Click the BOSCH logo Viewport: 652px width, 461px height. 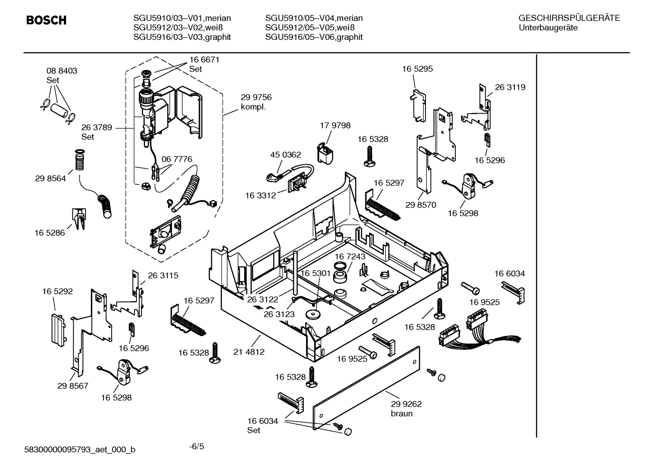(46, 20)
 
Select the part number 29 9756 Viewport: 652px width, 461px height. (256, 98)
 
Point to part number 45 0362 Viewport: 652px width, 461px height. (285, 155)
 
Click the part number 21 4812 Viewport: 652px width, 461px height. (249, 352)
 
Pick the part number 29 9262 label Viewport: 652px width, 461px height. (406, 404)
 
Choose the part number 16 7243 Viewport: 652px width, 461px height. (350, 257)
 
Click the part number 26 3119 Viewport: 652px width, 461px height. (510, 87)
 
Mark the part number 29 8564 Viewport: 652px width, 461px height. (50, 179)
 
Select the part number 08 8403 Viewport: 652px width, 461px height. (61, 71)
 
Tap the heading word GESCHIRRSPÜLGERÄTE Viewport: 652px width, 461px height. (569, 18)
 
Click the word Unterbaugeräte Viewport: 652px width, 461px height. (548, 28)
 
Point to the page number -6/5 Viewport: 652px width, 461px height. (196, 447)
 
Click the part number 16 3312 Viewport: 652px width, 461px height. (260, 195)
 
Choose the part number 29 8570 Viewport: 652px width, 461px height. (420, 205)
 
